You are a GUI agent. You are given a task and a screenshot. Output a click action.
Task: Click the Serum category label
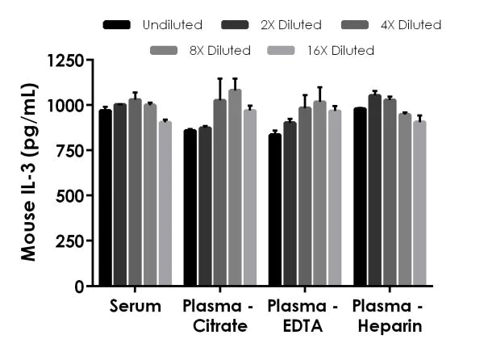(x=135, y=307)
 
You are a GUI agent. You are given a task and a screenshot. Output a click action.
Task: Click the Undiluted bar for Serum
(x=105, y=198)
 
